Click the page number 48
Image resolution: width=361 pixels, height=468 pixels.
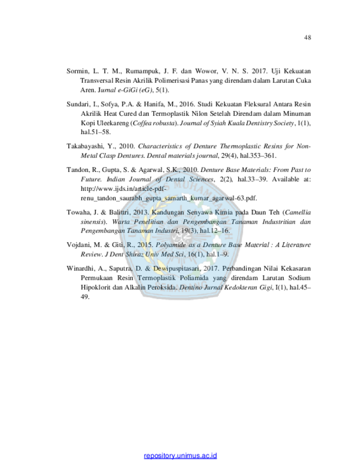pos(307,37)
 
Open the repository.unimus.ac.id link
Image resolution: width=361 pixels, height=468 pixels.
pos(180,455)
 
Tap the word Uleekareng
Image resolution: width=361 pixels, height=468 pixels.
pos(113,123)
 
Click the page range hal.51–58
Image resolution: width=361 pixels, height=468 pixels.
pos(96,132)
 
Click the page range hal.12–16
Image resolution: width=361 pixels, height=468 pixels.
pos(215,231)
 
